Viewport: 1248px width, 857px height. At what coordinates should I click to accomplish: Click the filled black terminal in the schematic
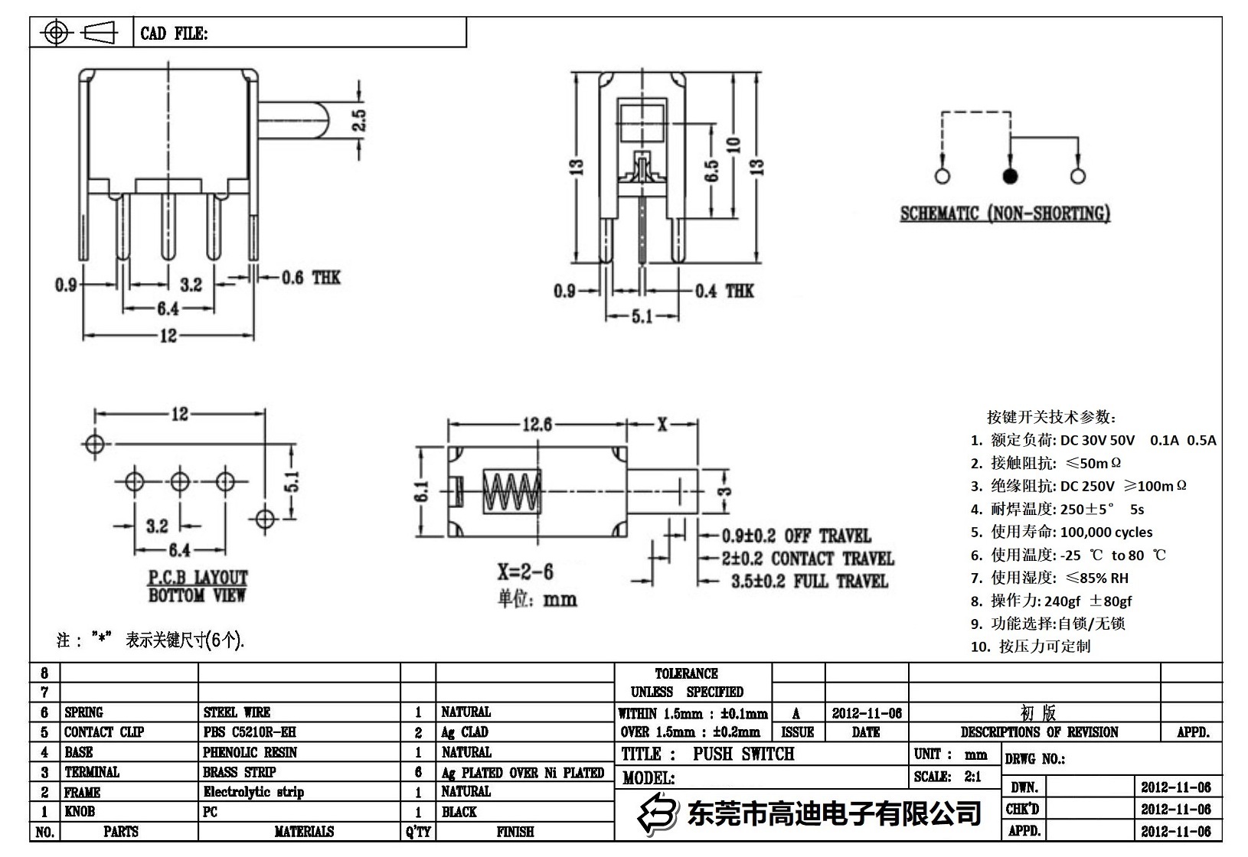1010,177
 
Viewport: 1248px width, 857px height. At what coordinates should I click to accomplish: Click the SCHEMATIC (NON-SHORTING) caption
1005,213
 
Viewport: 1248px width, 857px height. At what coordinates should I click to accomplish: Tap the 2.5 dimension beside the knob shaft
358,120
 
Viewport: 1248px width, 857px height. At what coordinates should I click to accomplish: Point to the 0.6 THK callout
310,278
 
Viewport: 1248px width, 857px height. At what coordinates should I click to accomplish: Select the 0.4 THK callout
724,291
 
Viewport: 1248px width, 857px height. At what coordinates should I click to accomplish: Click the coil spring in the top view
511,491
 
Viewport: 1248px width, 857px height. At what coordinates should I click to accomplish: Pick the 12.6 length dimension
537,423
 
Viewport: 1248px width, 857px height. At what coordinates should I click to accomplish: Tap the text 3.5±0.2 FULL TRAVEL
809,582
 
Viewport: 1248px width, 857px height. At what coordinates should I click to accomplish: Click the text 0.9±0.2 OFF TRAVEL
796,536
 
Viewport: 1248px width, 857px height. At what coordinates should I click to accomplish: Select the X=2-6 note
525,572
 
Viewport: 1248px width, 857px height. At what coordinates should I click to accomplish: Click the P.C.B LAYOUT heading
198,578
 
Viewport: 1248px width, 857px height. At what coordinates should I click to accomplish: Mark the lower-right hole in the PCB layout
265,519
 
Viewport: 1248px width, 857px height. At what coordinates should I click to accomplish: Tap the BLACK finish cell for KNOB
459,812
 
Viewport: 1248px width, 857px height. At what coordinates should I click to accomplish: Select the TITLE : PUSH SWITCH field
707,754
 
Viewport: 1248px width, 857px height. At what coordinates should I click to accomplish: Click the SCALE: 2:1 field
947,777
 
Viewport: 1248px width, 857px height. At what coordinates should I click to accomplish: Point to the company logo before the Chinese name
658,813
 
